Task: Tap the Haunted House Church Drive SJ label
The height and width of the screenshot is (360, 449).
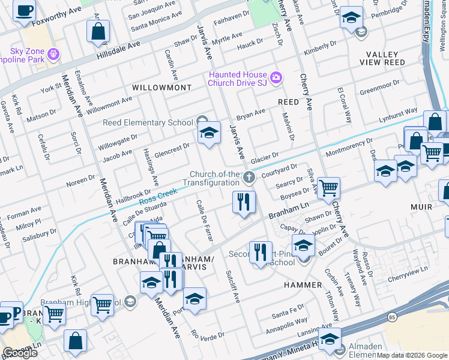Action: (237, 79)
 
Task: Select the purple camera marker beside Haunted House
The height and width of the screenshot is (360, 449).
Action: (276, 76)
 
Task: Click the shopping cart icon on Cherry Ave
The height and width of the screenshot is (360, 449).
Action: (328, 188)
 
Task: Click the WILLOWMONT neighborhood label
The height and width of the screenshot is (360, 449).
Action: (155, 88)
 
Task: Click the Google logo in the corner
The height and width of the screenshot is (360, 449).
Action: (20, 353)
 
